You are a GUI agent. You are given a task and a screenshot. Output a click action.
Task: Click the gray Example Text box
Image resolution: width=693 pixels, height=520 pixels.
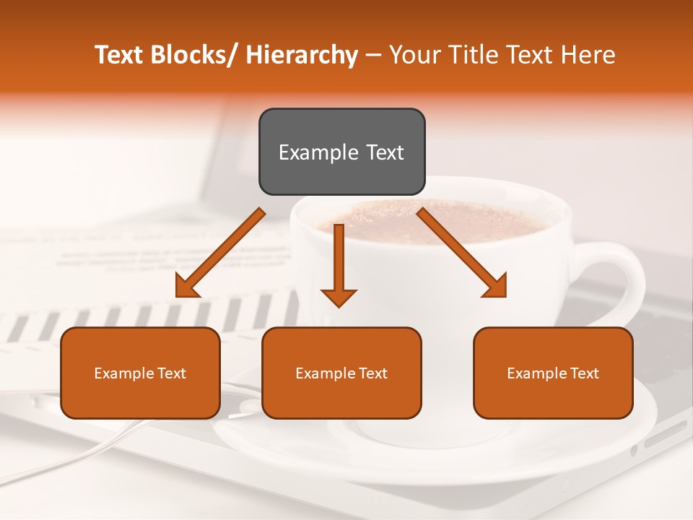pos(341,152)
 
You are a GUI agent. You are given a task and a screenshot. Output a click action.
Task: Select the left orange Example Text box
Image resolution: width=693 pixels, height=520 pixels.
pos(140,373)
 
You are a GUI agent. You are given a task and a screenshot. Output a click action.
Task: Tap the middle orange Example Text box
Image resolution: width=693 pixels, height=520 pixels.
pos(341,373)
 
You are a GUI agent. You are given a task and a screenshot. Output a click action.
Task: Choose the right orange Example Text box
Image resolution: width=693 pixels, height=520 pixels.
pos(553,373)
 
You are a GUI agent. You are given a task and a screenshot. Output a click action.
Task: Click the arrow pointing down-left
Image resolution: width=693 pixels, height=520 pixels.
pos(221,253)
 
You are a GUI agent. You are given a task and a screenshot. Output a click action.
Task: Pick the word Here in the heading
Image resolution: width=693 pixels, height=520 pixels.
pos(590,55)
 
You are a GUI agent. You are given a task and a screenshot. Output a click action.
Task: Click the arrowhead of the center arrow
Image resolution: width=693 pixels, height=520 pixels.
pos(339,297)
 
